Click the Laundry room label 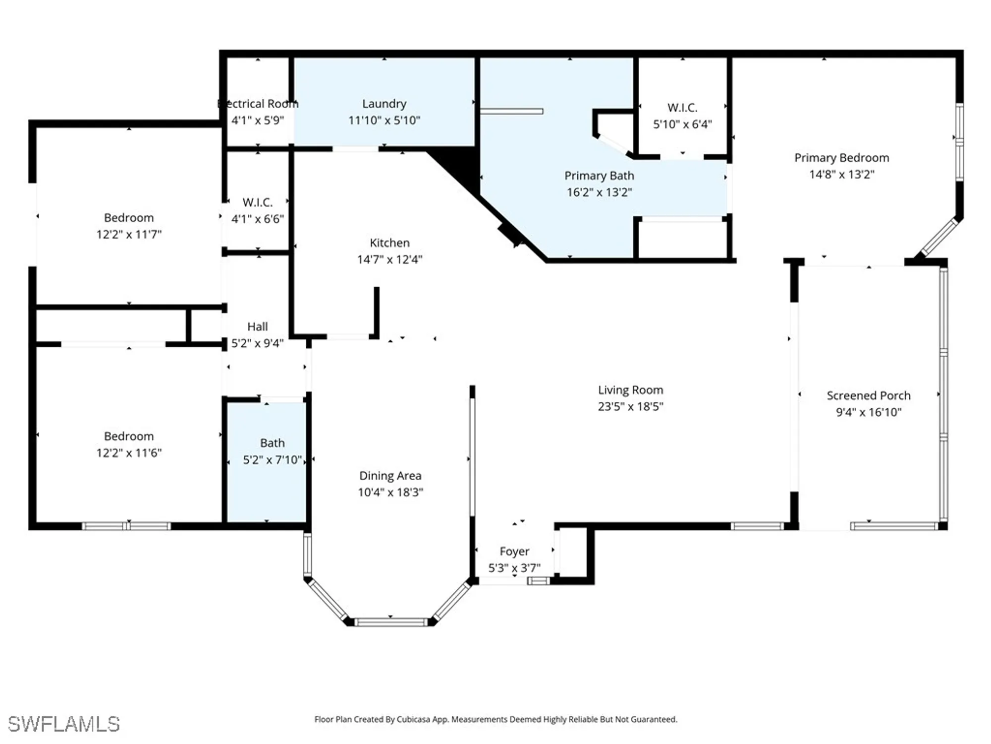384,104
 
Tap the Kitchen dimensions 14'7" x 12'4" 389,259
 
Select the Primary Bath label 599,176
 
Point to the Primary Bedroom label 841,158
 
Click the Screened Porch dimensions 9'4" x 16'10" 868,412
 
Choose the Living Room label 630,390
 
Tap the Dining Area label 390,476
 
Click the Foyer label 514,551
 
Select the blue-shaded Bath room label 272,442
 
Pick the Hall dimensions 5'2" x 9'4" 257,343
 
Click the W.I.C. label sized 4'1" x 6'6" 257,202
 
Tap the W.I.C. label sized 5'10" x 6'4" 682,108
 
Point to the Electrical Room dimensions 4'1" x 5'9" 257,120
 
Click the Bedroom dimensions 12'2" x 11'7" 129,234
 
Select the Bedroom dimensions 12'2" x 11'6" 129,453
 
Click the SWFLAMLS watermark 63,724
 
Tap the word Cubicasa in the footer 413,719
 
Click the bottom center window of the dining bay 390,622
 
